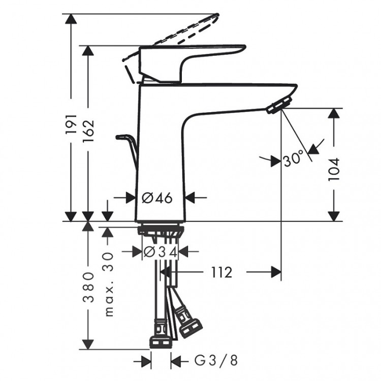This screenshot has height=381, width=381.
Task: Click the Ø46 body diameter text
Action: (x=157, y=198)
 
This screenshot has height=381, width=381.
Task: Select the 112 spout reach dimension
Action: (x=219, y=273)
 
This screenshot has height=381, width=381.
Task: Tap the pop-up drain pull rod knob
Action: (x=123, y=137)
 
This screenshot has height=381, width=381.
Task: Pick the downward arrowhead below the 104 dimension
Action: (x=334, y=215)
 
